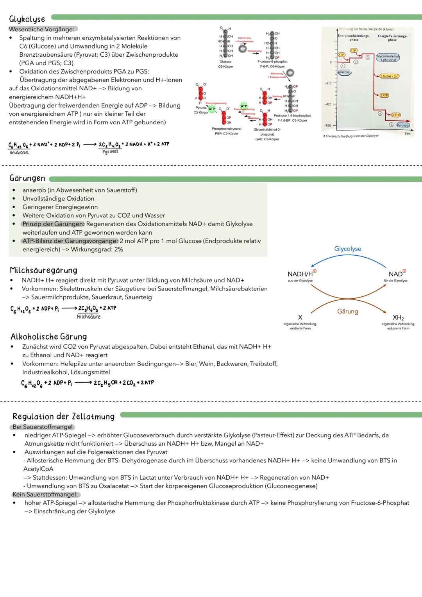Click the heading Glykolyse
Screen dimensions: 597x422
[x=27, y=19]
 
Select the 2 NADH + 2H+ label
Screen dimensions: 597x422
[x=389, y=76]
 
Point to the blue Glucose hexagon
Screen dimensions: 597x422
[x=344, y=72]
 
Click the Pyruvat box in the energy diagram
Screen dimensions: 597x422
[x=402, y=125]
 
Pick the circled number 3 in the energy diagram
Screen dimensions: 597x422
[x=368, y=57]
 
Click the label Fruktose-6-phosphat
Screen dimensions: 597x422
[x=272, y=62]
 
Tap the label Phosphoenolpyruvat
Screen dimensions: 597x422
[x=226, y=129]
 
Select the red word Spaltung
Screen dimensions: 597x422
[x=277, y=96]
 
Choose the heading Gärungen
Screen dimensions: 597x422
[x=27, y=178]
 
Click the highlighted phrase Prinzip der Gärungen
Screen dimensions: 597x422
[x=53, y=224]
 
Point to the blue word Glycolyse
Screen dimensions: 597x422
[x=348, y=249]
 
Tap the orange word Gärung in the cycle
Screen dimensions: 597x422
[x=348, y=311]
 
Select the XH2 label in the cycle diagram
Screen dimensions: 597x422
[x=398, y=317]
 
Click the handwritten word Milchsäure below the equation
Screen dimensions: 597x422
[x=89, y=317]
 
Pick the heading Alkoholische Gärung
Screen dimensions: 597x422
[x=48, y=337]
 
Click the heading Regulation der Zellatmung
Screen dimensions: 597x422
[x=63, y=416]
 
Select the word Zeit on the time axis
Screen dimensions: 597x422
[x=408, y=134]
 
